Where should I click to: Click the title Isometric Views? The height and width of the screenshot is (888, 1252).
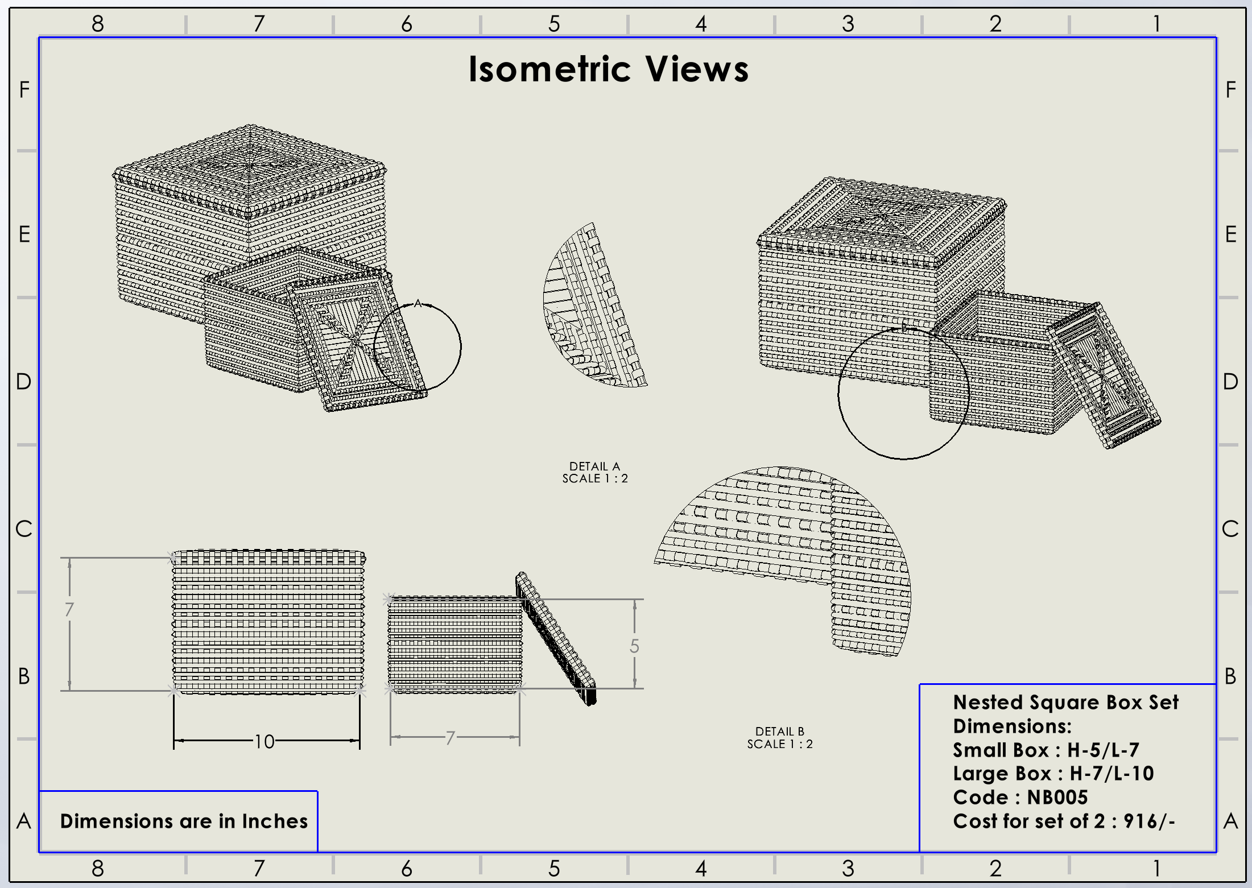click(x=608, y=69)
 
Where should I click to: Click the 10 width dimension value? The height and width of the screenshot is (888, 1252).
click(x=264, y=741)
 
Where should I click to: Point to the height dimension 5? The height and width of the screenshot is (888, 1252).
click(x=634, y=646)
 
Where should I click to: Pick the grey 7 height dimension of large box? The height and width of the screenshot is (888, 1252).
click(x=69, y=610)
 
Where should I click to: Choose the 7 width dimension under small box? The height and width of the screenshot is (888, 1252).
click(x=451, y=738)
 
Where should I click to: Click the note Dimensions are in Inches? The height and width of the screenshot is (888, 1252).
click(x=184, y=821)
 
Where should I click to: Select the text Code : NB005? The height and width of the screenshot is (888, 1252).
click(x=1020, y=797)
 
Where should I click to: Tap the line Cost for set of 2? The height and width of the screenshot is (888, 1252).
click(x=1064, y=821)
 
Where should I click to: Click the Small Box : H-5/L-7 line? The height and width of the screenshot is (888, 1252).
click(x=1046, y=750)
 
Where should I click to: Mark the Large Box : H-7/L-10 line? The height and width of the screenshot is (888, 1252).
click(x=1053, y=774)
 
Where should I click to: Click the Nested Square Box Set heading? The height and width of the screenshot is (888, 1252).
click(x=1065, y=702)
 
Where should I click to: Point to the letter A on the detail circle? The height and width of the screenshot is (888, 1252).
click(x=418, y=303)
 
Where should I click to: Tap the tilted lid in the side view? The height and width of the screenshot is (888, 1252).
click(x=556, y=637)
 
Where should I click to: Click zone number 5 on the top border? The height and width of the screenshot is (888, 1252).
click(x=554, y=24)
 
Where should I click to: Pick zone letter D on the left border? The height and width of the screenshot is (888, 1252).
click(x=23, y=381)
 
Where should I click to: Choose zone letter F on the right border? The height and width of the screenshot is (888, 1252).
click(x=1230, y=90)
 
